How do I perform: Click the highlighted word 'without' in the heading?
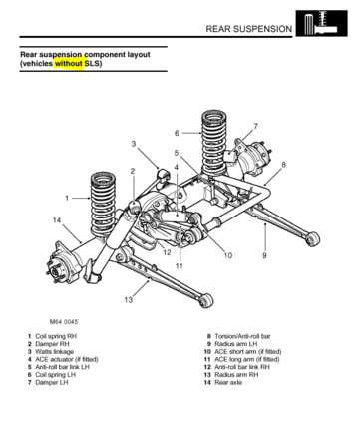pos(69,63)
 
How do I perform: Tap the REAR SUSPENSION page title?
pos(249,29)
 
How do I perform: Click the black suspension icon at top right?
pos(321,23)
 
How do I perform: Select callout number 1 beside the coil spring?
pos(67,198)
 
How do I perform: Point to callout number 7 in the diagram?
pos(255,127)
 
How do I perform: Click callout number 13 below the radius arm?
pos(129,300)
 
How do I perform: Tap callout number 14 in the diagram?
pos(57,220)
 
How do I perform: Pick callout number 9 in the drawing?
pos(264,255)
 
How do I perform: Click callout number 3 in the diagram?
pos(134,144)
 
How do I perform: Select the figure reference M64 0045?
pos(64,322)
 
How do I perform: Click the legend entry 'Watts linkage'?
pos(54,352)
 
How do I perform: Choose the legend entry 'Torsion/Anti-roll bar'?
pos(242,336)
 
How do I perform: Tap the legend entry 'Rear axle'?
pos(228,382)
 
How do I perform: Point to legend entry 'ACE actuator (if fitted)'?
pos(67,359)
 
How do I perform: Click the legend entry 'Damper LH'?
pos(52,382)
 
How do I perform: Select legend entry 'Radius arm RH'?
pos(236,375)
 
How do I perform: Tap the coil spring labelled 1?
pos(103,204)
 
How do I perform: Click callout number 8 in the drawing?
pos(283,165)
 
